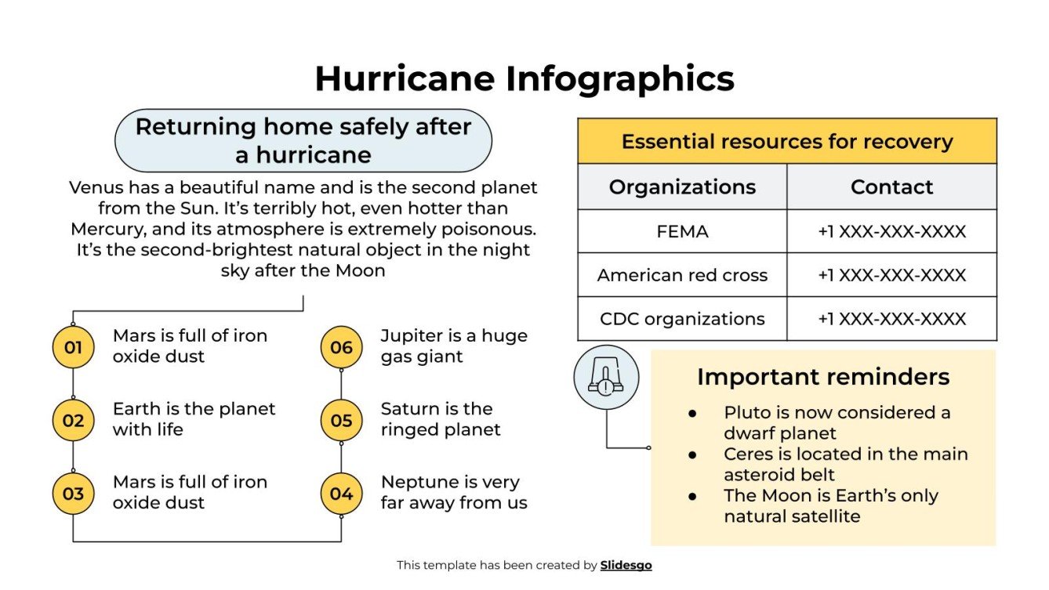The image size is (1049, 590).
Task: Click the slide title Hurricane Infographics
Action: pyautogui.click(x=524, y=79)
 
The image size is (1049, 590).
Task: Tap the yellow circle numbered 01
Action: pyautogui.click(x=73, y=347)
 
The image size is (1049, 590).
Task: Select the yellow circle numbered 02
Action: pyautogui.click(x=73, y=421)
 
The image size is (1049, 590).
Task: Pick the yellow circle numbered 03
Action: pyautogui.click(x=73, y=494)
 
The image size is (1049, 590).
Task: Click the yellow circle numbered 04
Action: pyautogui.click(x=341, y=494)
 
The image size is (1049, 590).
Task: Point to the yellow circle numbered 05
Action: pyautogui.click(x=341, y=421)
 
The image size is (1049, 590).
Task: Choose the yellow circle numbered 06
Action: pyautogui.click(x=341, y=347)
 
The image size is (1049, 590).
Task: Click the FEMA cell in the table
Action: pyautogui.click(x=682, y=231)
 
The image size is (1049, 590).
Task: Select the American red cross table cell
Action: pyautogui.click(x=682, y=275)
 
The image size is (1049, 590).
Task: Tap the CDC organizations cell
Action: pyautogui.click(x=682, y=319)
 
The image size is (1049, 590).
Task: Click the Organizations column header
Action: pyautogui.click(x=682, y=187)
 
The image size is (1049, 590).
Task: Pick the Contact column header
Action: pyautogui.click(x=891, y=187)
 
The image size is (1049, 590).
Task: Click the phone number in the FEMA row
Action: pyautogui.click(x=891, y=231)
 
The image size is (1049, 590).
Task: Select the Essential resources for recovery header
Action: pyautogui.click(x=786, y=142)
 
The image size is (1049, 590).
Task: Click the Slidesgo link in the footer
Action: pyautogui.click(x=626, y=565)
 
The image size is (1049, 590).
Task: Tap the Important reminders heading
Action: pyautogui.click(x=822, y=377)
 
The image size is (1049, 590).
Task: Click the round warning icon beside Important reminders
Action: pyautogui.click(x=606, y=378)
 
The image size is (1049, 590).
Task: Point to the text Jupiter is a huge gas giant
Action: pyautogui.click(x=453, y=346)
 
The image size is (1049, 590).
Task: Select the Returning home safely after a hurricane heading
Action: pyautogui.click(x=303, y=140)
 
